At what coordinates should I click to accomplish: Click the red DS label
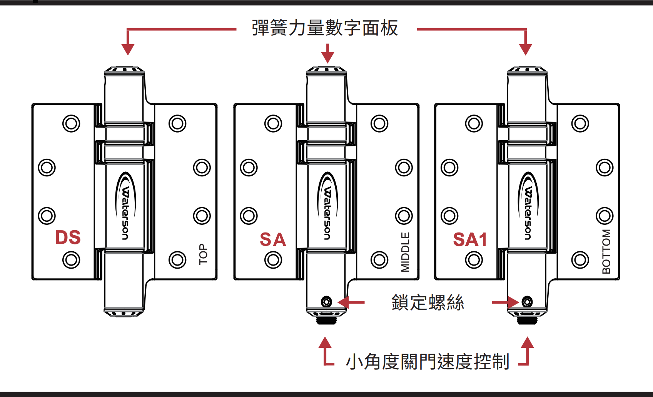(68, 238)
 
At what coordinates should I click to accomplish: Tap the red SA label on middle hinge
(273, 240)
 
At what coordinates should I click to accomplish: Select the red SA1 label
(470, 240)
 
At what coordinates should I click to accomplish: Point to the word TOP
(203, 254)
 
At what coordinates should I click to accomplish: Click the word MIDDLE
(406, 252)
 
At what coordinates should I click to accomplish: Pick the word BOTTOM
(606, 251)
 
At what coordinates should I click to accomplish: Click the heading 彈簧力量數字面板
(325, 28)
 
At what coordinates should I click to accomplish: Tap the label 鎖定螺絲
(428, 302)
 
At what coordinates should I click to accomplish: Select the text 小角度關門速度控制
(428, 362)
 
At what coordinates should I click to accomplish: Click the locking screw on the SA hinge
(326, 302)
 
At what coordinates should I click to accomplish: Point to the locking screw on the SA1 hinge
(527, 302)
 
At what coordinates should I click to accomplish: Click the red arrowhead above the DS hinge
(128, 49)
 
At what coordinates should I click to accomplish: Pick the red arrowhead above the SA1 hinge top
(526, 49)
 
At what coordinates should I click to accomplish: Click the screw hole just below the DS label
(71, 260)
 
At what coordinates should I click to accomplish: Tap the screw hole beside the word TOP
(177, 260)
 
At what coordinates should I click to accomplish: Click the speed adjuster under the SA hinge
(326, 319)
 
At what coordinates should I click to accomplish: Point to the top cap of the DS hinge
(124, 70)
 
